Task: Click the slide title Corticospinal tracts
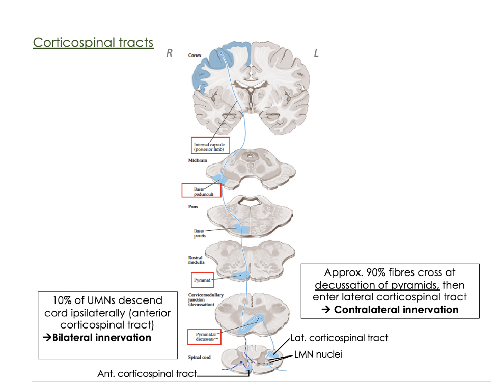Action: [93, 42]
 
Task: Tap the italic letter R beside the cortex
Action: [169, 53]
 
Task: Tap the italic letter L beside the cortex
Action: [316, 53]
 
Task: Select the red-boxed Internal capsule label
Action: [210, 146]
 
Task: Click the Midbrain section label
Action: [197, 161]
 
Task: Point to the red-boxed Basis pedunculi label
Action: [201, 191]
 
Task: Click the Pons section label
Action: [193, 207]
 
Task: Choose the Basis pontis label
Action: [199, 233]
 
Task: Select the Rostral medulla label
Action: [196, 260]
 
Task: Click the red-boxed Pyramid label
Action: [202, 280]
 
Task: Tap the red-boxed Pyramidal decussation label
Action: [206, 336]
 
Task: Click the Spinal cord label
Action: [200, 357]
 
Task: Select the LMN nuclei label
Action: [318, 354]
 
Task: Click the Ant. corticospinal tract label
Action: [147, 373]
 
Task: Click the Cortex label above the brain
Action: [195, 55]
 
